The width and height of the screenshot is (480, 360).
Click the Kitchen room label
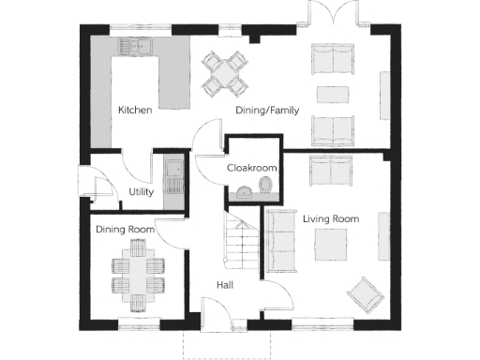coord(135,111)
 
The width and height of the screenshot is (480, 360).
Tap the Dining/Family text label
coord(266,111)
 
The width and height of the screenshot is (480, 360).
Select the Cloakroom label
coord(252,167)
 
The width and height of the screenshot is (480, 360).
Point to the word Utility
coord(141,193)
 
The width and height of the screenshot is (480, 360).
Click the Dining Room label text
coord(124,229)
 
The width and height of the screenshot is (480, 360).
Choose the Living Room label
coord(330,218)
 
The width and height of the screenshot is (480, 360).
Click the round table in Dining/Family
coord(226,73)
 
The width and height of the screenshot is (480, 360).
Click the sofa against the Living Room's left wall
coord(278,241)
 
